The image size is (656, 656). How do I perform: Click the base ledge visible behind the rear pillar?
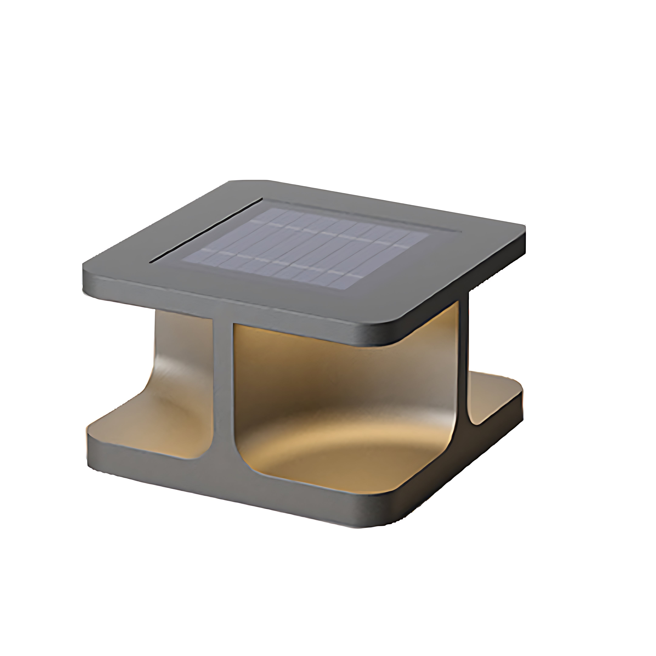point(492,394)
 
